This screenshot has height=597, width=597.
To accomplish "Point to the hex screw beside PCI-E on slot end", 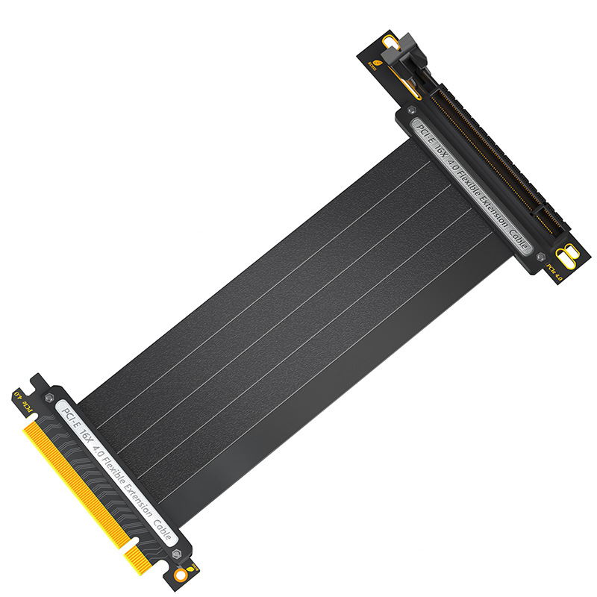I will coord(411,110).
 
